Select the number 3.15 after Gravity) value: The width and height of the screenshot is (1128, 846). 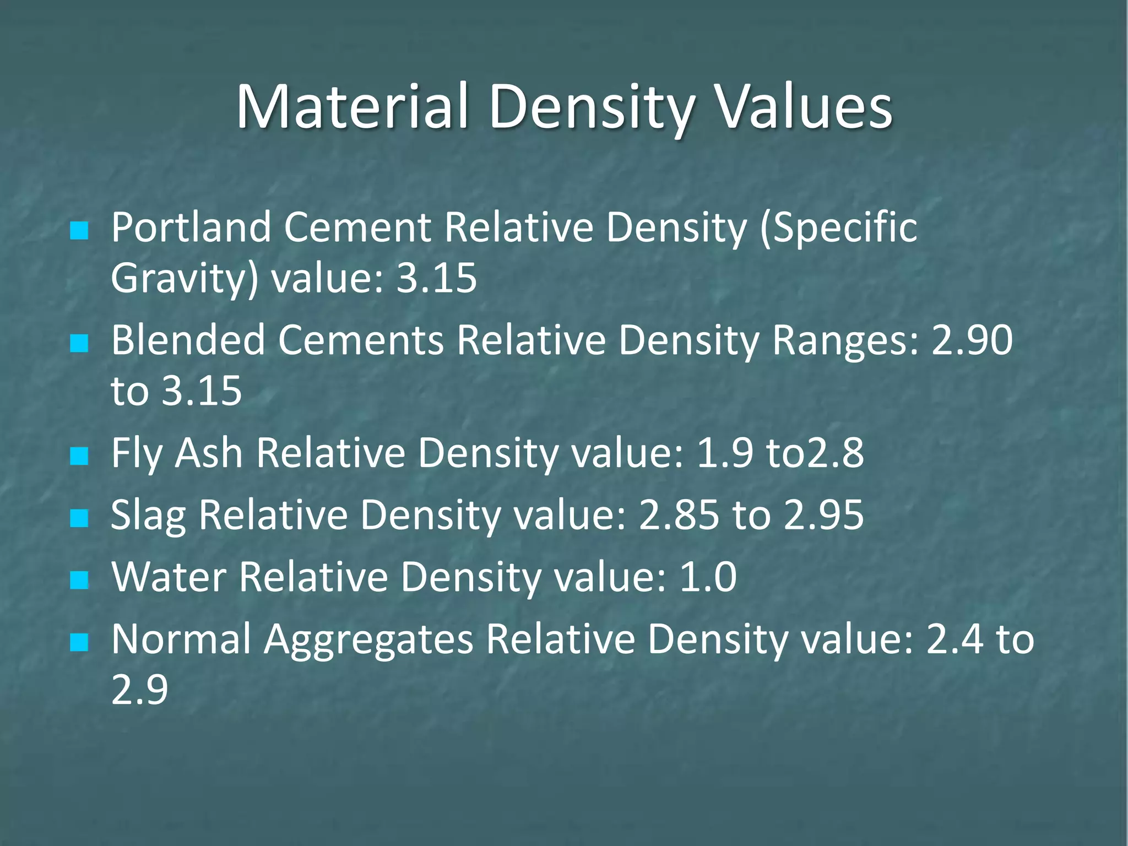click(437, 278)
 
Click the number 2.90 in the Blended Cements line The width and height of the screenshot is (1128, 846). click(972, 340)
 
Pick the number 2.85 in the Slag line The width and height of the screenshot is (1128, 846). click(679, 516)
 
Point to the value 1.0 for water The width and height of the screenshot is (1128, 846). click(708, 577)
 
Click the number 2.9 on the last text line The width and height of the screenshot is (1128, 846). click(139, 690)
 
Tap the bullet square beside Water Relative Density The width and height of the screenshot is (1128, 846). click(79, 580)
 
